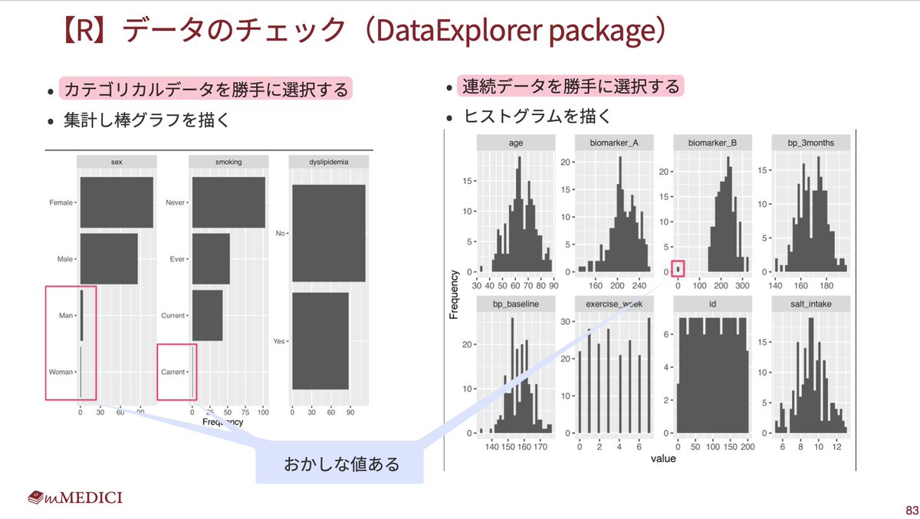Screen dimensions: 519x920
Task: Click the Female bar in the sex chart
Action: coord(117,202)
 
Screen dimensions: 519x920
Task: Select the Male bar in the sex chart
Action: coord(109,258)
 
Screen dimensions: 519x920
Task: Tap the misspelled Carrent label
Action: coord(172,372)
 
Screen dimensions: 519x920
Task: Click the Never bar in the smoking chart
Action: coord(228,202)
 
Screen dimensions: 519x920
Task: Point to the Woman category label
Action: coord(61,372)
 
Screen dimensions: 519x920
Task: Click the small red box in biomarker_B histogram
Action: coord(678,269)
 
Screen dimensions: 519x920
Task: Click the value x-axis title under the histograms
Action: coord(663,458)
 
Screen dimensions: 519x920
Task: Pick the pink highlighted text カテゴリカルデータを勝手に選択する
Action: coord(205,89)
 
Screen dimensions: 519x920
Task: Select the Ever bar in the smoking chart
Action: coord(211,258)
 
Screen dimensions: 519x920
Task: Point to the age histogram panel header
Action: coord(515,143)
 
